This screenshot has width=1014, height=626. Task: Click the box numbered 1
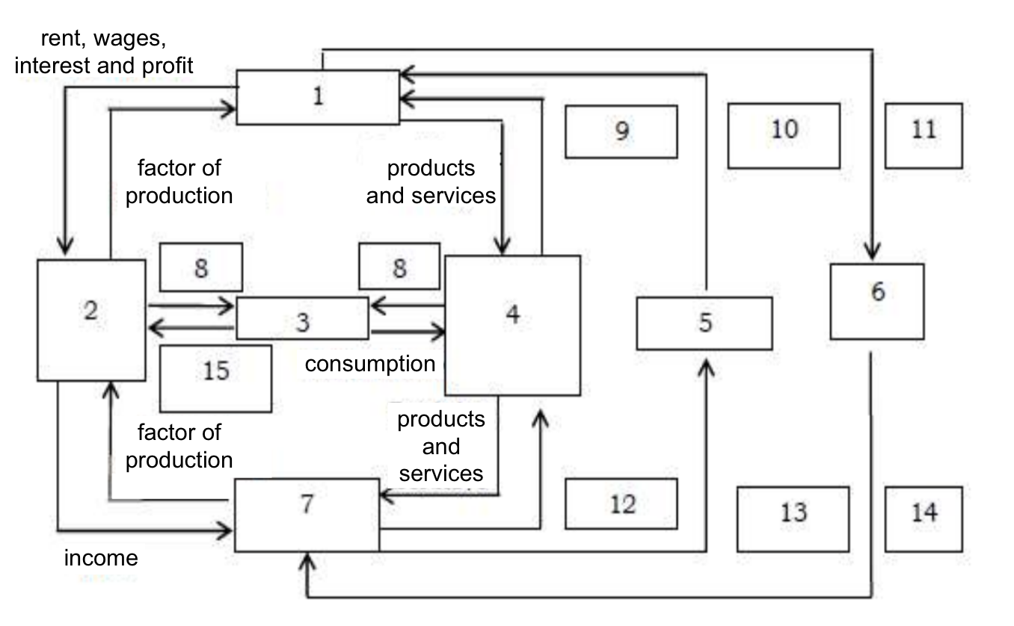click(x=318, y=97)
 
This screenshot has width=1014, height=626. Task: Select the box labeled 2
click(x=91, y=320)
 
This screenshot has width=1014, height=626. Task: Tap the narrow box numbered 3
click(x=302, y=318)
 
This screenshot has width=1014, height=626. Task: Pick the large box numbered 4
click(x=512, y=325)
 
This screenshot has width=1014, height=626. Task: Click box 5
click(x=704, y=323)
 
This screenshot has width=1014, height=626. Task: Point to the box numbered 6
click(x=876, y=301)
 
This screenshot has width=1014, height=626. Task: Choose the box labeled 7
click(x=307, y=515)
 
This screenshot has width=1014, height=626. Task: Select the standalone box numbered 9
click(x=621, y=131)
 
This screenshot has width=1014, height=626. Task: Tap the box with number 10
click(x=783, y=135)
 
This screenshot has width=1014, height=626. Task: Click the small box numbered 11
click(x=924, y=135)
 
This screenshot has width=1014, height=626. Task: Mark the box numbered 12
click(x=621, y=503)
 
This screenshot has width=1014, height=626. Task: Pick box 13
click(x=793, y=518)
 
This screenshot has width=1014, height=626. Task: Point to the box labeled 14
click(x=924, y=518)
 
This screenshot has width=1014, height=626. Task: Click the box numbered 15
click(x=215, y=378)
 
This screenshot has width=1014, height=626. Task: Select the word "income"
click(x=101, y=558)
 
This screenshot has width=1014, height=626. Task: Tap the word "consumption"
click(x=369, y=364)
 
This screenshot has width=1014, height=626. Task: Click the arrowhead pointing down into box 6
click(x=872, y=252)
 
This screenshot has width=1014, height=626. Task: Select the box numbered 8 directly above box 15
click(x=200, y=267)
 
